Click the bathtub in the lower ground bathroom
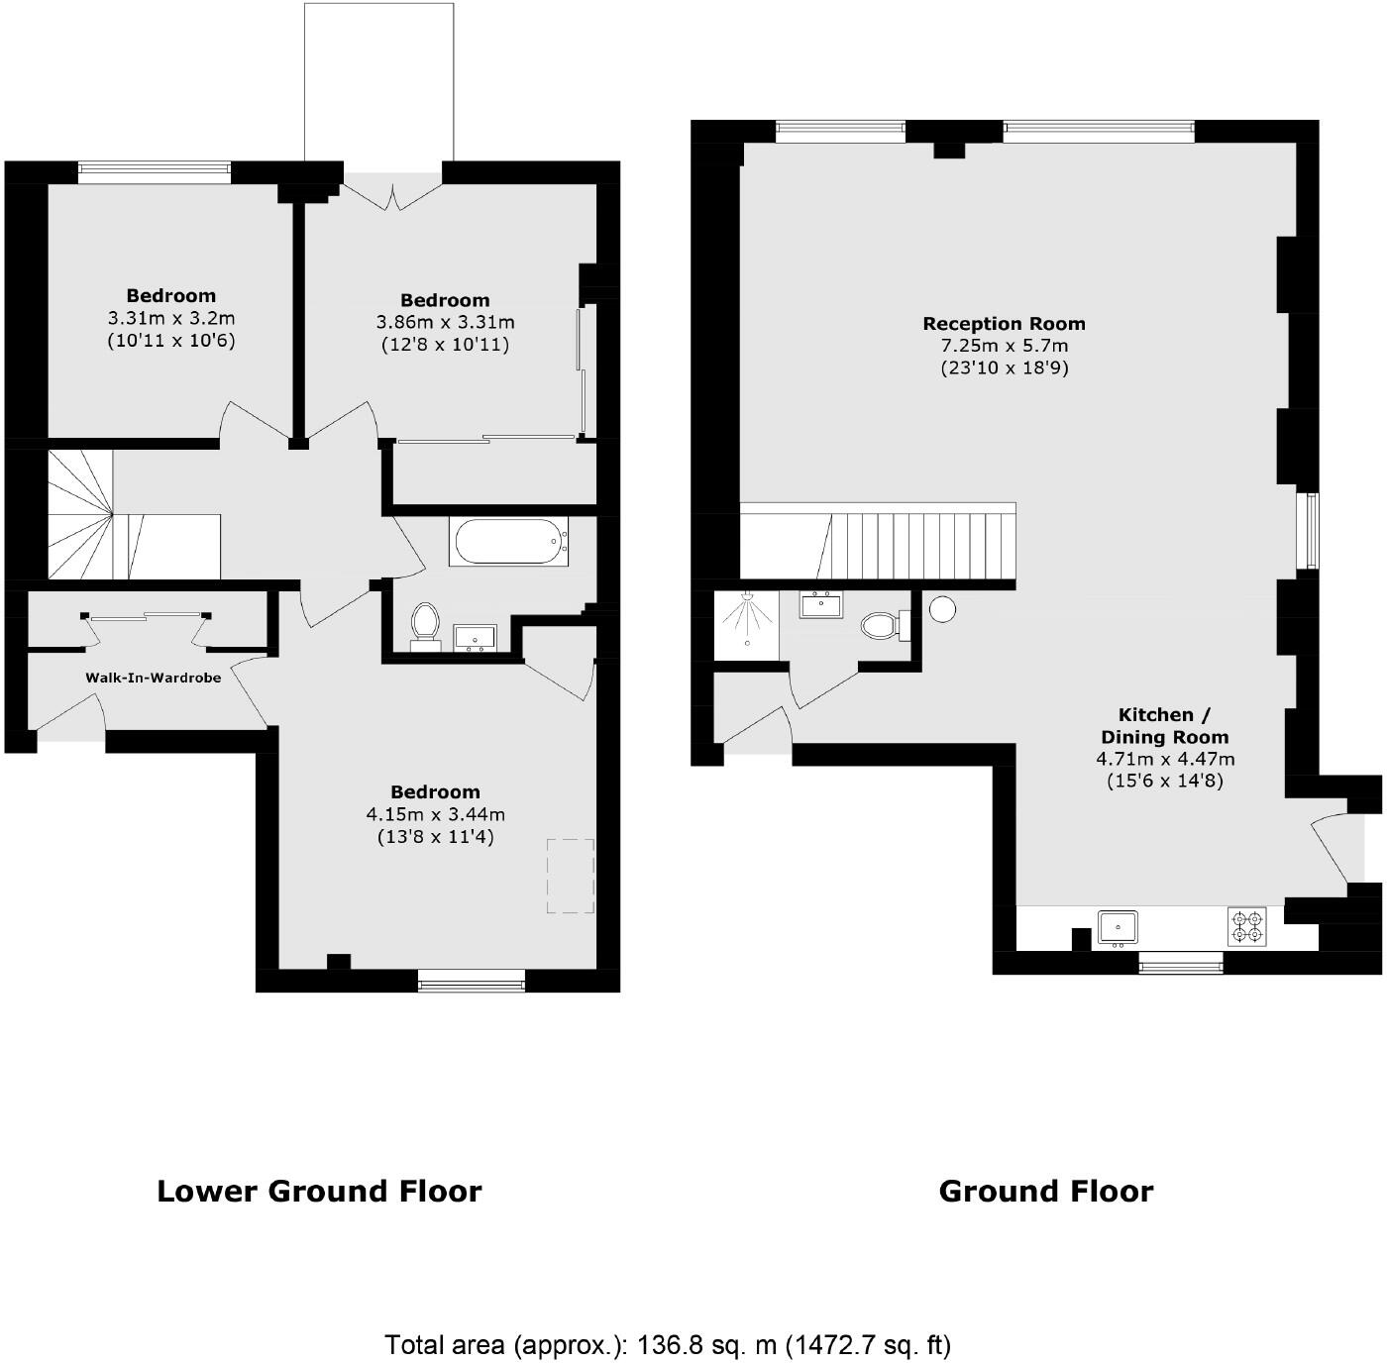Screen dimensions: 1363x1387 pos(509,541)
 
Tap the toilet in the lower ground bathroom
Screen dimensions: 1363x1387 pos(425,625)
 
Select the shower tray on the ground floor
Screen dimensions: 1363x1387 pos(745,625)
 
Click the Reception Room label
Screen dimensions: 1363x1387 pos(1004,324)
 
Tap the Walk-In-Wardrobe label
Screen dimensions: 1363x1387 pos(153,678)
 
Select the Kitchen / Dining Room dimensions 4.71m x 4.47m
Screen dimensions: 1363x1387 pos(1165,760)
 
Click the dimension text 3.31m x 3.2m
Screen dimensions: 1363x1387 pos(171,318)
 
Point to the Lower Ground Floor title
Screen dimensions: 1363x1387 pos(319,1191)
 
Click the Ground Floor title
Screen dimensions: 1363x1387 pos(1046,1191)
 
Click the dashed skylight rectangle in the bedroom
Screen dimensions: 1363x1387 pos(571,876)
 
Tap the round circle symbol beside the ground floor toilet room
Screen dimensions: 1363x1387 pos(942,609)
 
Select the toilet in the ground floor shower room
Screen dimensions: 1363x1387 pos(881,625)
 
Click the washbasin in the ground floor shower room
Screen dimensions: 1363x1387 pos(820,603)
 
